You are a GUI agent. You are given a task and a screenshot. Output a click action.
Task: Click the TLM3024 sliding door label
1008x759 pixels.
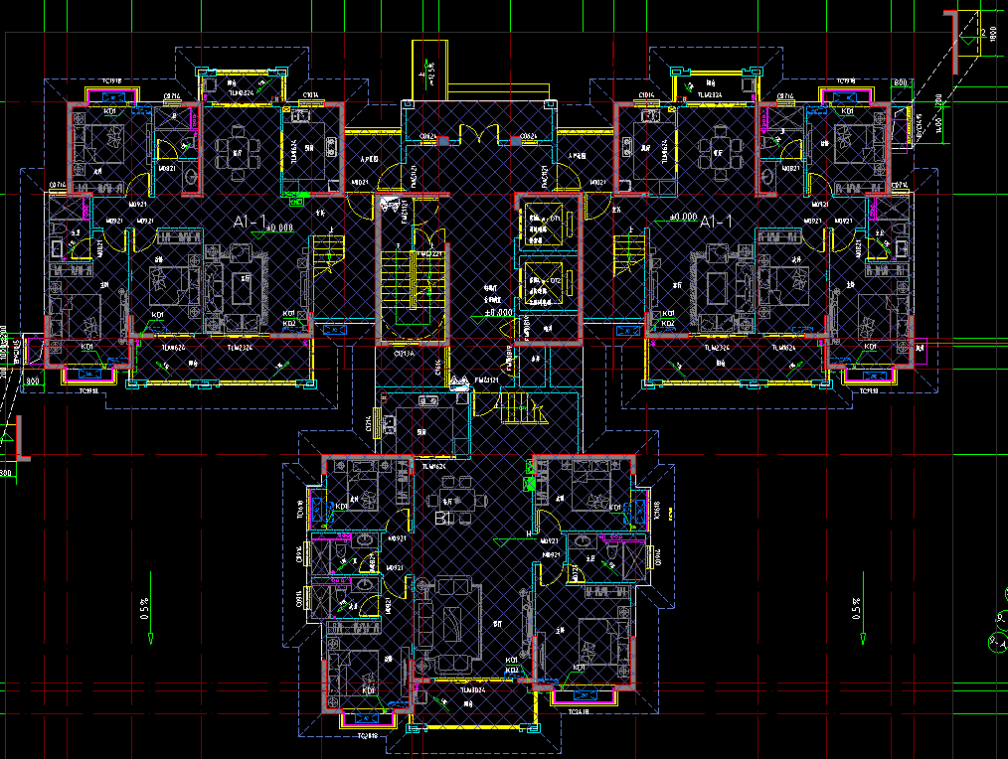coord(471,688)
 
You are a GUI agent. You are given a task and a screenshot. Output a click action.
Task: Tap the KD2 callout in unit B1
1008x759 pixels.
coord(512,671)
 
